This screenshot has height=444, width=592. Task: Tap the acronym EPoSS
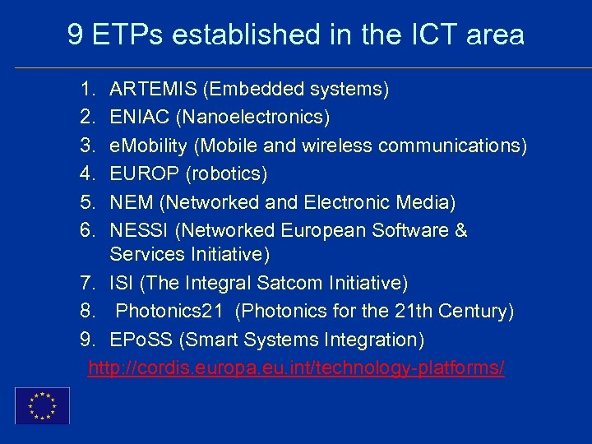pos(141,340)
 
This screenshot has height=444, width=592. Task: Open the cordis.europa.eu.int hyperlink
pos(296,368)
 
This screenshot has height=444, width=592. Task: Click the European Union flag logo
pos(42,405)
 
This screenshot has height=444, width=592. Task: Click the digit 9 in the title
pos(76,35)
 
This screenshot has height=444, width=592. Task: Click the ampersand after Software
pos(460,231)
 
